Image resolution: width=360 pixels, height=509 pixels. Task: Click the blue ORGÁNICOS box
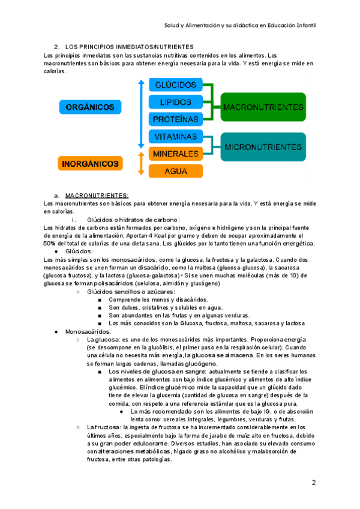pos(87,107)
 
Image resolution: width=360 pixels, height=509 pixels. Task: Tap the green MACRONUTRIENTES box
pos(262,106)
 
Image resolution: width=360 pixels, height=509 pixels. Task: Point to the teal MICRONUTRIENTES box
pos(262,146)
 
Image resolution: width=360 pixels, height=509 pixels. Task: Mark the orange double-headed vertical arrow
pos(140,163)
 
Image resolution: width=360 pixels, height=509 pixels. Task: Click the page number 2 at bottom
pos(313,483)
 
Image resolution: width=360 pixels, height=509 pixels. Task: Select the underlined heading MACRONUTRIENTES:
pos(97,196)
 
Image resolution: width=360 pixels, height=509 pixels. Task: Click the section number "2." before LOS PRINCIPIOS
pos(56,46)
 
